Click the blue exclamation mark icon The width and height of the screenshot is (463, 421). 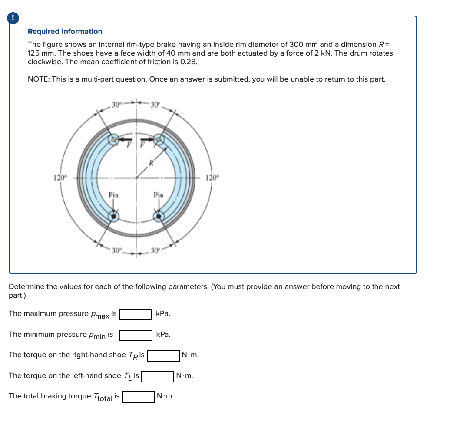[14, 18]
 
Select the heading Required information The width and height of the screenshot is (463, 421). [65, 31]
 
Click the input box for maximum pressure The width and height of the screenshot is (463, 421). [136, 314]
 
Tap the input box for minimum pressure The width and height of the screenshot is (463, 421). [136, 335]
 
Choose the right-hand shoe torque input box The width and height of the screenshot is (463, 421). [163, 355]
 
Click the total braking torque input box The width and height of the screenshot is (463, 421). [139, 397]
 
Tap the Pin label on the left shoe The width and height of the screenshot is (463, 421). [113, 195]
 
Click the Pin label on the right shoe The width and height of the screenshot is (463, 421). [159, 195]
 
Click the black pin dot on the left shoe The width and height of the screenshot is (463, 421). [114, 216]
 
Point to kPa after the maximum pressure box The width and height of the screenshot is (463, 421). [163, 313]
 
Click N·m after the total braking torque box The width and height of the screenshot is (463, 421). [165, 396]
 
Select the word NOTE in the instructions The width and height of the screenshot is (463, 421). [37, 79]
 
